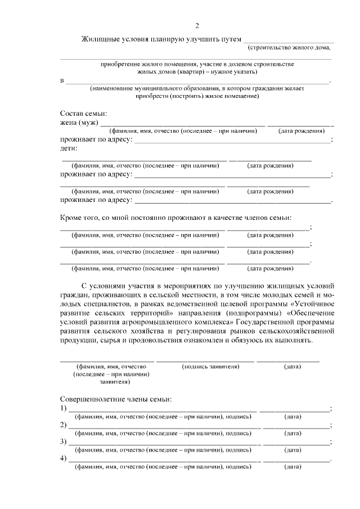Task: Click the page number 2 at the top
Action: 197,26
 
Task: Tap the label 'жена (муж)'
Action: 79,123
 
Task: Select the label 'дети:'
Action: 69,148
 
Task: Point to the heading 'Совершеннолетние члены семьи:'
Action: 115,399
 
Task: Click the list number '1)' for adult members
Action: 64,408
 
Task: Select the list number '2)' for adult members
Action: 64,425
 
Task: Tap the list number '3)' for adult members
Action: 64,442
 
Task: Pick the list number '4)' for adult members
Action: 64,458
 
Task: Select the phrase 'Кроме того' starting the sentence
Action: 79,218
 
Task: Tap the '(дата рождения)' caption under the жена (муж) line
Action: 301,131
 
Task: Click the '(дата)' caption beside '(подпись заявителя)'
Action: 292,367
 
